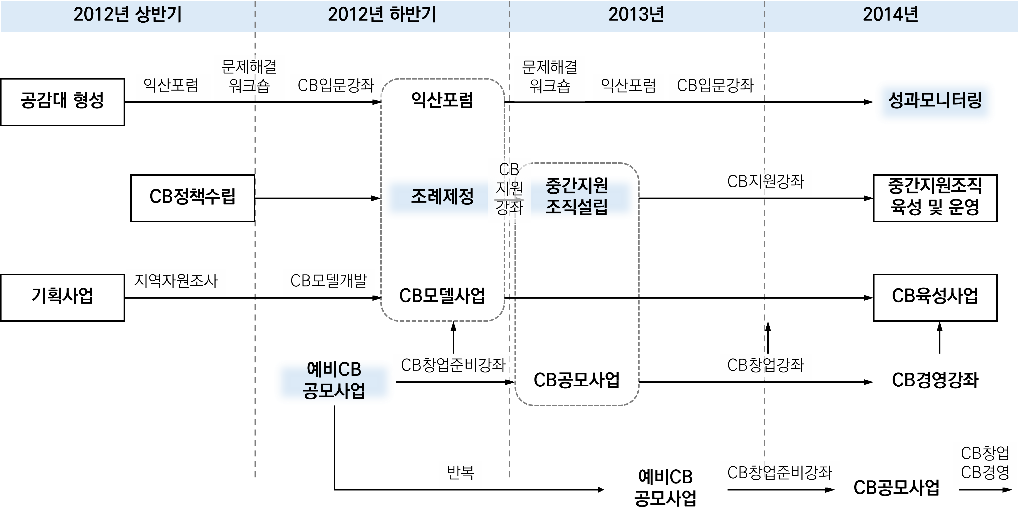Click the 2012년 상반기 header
pos(127,15)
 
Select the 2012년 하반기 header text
pos(382,15)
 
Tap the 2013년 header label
pos(636,15)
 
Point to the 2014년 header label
pos(890,15)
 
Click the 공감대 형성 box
pos(62,102)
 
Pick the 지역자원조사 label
pos(176,282)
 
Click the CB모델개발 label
pos(328,282)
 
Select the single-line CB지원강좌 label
pos(765,183)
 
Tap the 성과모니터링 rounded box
pos(935,102)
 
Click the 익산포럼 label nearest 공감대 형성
pos(173,86)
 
